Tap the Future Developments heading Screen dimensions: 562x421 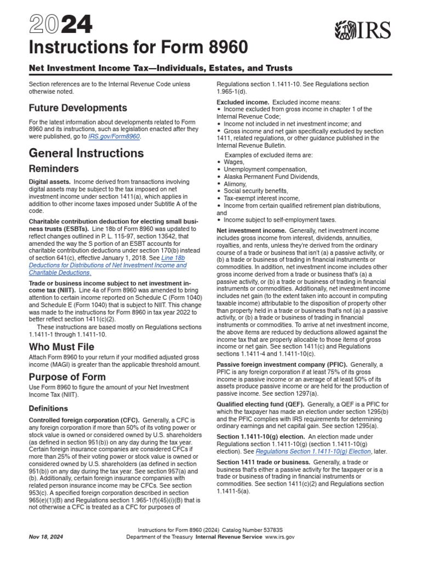[x=78, y=108]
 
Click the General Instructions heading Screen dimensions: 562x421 [x=86, y=153]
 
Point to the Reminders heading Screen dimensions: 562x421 [x=54, y=168]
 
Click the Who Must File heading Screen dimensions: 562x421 [x=61, y=347]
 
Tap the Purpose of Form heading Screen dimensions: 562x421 [x=67, y=377]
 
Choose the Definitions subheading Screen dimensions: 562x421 [x=48, y=408]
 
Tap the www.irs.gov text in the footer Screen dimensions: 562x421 [x=280, y=537]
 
